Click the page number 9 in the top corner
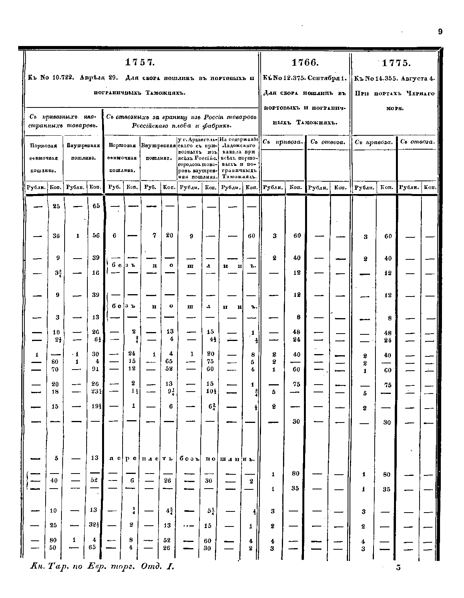pos(440,32)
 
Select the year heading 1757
pos(140,62)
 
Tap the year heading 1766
pos(304,63)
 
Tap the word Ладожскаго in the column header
pos(238,146)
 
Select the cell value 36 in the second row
pos(56,236)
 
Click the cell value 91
pos(96,369)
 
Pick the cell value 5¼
pos(211,511)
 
